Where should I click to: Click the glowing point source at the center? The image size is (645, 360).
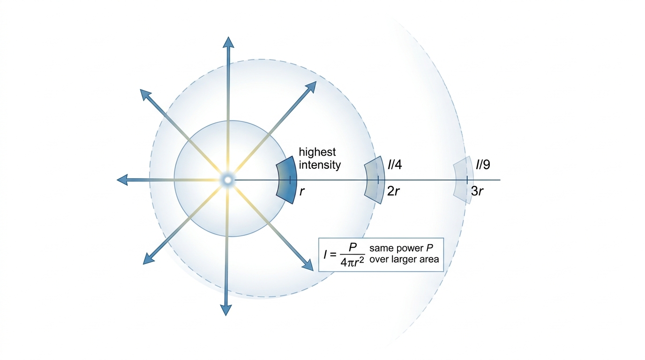228,180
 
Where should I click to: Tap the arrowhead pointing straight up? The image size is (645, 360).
229,43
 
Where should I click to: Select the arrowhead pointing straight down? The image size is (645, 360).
226,310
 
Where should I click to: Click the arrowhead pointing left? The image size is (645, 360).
122,180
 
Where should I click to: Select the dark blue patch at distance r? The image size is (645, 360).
285,180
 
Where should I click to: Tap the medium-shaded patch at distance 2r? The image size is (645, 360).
375,180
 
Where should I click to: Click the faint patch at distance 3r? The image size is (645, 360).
464,180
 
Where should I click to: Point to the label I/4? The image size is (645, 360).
395,165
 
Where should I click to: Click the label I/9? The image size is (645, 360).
483,165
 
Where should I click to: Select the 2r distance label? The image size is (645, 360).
393,191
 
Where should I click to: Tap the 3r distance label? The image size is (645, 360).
477,191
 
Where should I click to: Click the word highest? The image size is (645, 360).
317,152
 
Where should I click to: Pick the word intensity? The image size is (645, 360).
320,165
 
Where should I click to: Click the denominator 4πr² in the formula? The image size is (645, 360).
352,262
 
